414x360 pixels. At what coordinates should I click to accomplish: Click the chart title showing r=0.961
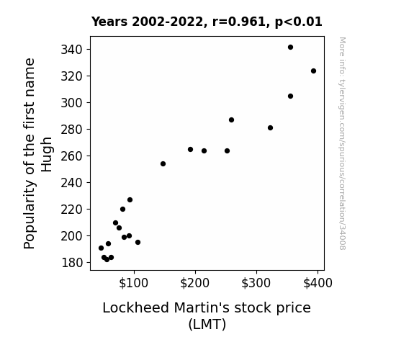pyautogui.click(x=207, y=22)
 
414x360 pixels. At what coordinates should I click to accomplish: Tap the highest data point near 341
pyautogui.click(x=290, y=48)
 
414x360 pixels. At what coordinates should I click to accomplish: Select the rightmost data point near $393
pyautogui.click(x=313, y=71)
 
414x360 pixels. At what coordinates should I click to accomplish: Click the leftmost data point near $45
pyautogui.click(x=101, y=248)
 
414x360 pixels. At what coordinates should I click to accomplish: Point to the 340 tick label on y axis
pyautogui.click(x=72, y=50)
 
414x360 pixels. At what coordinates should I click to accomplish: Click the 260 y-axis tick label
pyautogui.click(x=72, y=156)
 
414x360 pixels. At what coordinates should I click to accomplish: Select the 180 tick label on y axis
pyautogui.click(x=72, y=263)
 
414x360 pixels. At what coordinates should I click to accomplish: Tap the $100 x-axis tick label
pyautogui.click(x=134, y=283)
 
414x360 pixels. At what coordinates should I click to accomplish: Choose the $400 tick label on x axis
pyautogui.click(x=318, y=283)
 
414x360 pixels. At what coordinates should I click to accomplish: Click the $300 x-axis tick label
pyautogui.click(x=256, y=283)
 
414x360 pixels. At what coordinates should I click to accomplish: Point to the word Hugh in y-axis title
pyautogui.click(x=47, y=155)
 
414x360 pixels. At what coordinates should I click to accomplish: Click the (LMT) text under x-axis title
pyautogui.click(x=207, y=324)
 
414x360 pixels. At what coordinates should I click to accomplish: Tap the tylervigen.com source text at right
pyautogui.click(x=342, y=143)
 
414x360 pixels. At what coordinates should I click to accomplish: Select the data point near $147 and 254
pyautogui.click(x=163, y=163)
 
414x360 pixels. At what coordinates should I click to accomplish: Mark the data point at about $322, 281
pyautogui.click(x=270, y=128)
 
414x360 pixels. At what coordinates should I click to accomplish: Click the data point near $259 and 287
pyautogui.click(x=231, y=120)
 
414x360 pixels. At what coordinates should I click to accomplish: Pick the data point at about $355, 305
pyautogui.click(x=290, y=96)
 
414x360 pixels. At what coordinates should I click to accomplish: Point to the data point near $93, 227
pyautogui.click(x=130, y=199)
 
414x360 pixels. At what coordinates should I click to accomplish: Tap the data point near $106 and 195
pyautogui.click(x=138, y=242)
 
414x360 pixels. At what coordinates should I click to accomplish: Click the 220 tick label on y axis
pyautogui.click(x=72, y=210)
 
